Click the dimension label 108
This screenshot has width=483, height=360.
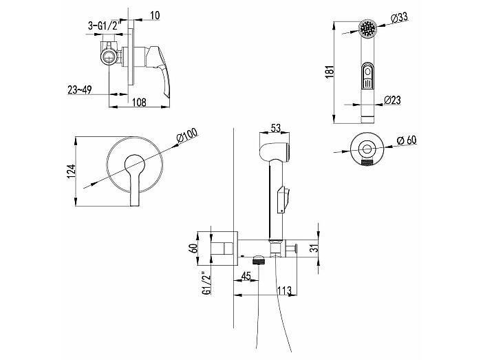point(139,102)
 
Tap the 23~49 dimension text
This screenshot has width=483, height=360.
point(80,89)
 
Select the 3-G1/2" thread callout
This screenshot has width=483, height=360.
point(103,25)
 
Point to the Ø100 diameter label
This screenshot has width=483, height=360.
point(187,135)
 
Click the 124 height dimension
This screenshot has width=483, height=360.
point(71,171)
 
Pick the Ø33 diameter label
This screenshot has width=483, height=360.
point(400,18)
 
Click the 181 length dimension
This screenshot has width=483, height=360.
point(330,72)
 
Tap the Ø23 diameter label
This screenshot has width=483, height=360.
point(392,100)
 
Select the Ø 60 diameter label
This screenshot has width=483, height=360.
point(407,140)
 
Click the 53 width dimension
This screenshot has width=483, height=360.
point(275,127)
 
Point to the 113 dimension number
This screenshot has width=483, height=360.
point(284,290)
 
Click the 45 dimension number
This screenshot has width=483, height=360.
point(246,276)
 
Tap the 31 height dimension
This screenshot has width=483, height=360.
point(314,248)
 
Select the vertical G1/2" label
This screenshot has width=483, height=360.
point(206,283)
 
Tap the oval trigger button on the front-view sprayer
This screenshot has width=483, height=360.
point(367,76)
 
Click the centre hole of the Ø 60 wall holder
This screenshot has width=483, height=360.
point(367,149)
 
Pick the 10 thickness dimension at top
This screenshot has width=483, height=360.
point(155,15)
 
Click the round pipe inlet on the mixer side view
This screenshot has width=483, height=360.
point(109,57)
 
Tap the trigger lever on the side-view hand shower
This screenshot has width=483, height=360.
point(283,198)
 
